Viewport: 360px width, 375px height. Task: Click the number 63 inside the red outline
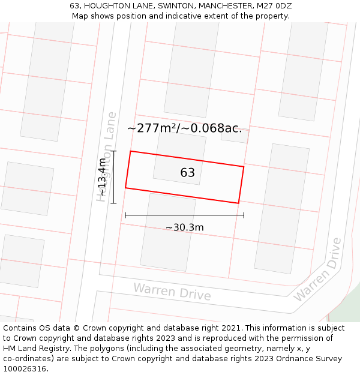[187, 173]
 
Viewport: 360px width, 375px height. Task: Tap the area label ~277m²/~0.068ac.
[185, 128]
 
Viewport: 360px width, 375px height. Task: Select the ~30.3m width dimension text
[185, 227]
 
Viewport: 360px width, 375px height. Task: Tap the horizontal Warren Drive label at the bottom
[172, 292]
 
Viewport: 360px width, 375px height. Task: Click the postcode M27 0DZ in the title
[273, 5]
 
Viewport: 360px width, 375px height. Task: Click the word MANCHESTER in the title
[223, 5]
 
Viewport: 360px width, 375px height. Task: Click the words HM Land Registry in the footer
[34, 349]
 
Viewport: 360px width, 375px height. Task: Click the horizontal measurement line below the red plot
[184, 215]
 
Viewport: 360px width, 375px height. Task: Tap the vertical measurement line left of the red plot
[113, 177]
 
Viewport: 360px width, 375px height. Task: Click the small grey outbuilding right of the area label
[235, 137]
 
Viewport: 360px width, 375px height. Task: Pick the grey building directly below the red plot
[167, 232]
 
